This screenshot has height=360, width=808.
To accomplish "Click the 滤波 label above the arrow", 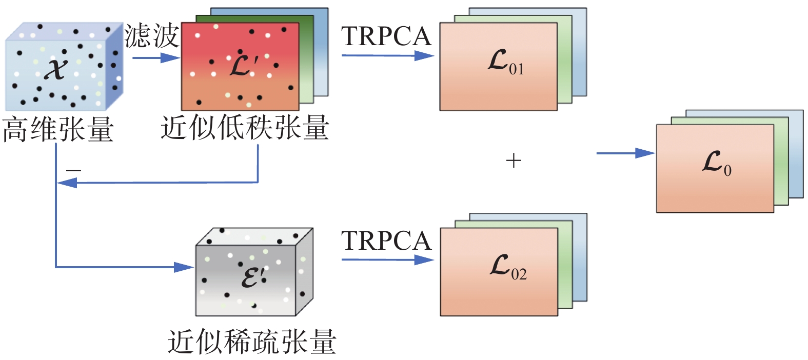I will tap(151, 36).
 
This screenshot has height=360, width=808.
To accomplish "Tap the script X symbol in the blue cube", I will tap(56, 69).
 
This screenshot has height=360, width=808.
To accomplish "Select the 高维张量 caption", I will tap(58, 129).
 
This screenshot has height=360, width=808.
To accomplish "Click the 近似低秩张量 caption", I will tap(245, 128).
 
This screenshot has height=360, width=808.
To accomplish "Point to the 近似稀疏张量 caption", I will tap(252, 342).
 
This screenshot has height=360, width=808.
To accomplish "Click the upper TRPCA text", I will tap(386, 36).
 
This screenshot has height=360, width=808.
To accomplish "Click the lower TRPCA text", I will tap(386, 241).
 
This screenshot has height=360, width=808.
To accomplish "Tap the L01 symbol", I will tap(505, 63).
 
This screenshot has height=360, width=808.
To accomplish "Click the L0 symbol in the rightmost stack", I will tap(716, 164).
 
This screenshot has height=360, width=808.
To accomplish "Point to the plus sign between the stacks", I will tap(514, 161).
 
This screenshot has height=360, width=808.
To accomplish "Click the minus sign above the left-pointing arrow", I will tap(73, 170).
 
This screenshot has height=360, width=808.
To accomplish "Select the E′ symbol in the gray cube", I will tap(254, 277).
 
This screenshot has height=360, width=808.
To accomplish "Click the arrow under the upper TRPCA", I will tap(387, 55).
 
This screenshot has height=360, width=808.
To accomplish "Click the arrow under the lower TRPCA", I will tap(387, 259).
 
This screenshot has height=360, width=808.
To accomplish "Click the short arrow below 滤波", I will tap(156, 57).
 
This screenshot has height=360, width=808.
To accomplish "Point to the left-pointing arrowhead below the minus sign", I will tap(67, 182).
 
